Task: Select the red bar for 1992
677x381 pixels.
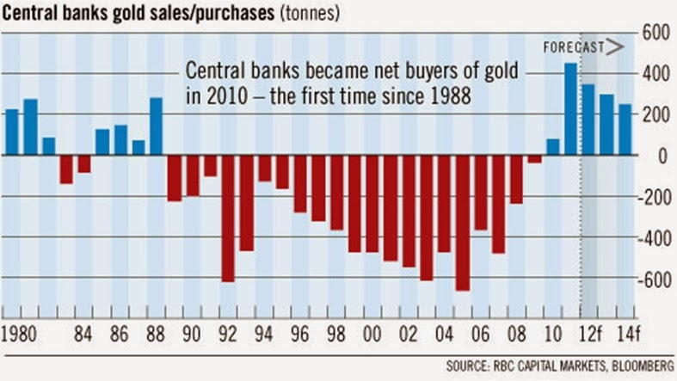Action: point(228,218)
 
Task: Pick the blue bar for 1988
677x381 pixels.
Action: point(156,126)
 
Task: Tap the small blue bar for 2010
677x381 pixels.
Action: point(552,147)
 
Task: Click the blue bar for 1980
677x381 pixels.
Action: point(12,132)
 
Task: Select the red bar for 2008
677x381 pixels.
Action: point(516,179)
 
